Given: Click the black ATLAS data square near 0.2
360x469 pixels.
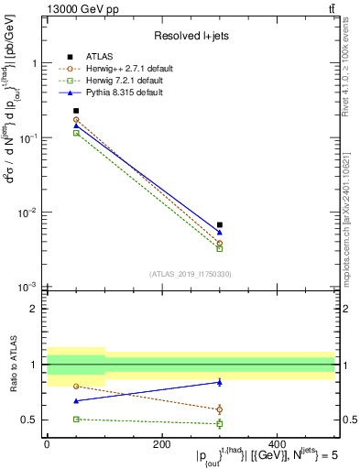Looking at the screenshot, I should [x=76, y=111].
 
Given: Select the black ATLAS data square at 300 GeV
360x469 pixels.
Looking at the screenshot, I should [x=220, y=224].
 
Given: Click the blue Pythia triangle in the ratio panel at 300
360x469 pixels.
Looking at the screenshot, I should [x=220, y=382].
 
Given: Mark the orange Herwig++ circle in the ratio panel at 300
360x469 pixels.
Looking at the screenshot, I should [x=220, y=409].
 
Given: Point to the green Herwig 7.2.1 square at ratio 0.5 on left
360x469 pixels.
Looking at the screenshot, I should [x=76, y=419].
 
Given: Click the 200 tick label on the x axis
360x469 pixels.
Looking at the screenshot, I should [x=161, y=444].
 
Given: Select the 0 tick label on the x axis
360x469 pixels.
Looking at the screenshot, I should [x=47, y=444].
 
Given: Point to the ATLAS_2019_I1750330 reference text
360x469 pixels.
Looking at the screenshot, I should [x=190, y=274].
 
